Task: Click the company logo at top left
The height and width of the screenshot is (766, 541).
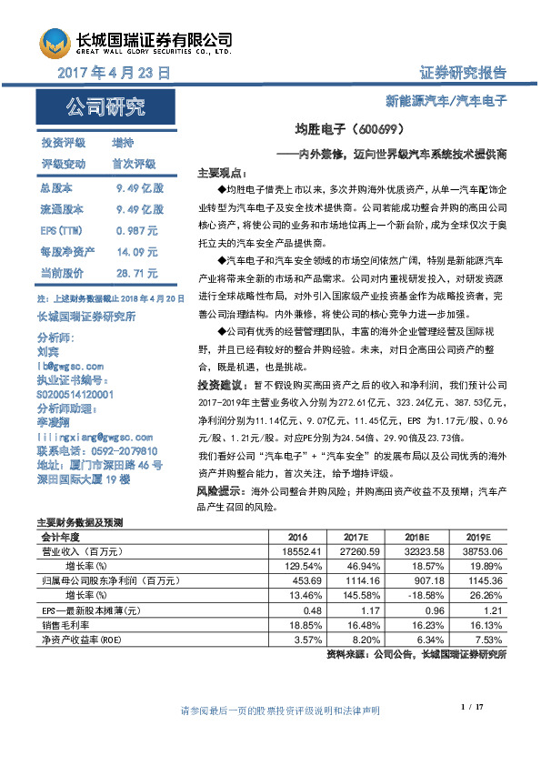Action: [54, 43]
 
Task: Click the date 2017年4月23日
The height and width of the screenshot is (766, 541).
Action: [114, 72]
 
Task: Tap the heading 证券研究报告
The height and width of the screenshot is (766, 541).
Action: [463, 73]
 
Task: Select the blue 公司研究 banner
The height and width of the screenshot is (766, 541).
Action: [105, 108]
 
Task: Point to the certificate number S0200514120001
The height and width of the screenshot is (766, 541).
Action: [88, 396]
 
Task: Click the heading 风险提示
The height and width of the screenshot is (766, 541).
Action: [219, 490]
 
